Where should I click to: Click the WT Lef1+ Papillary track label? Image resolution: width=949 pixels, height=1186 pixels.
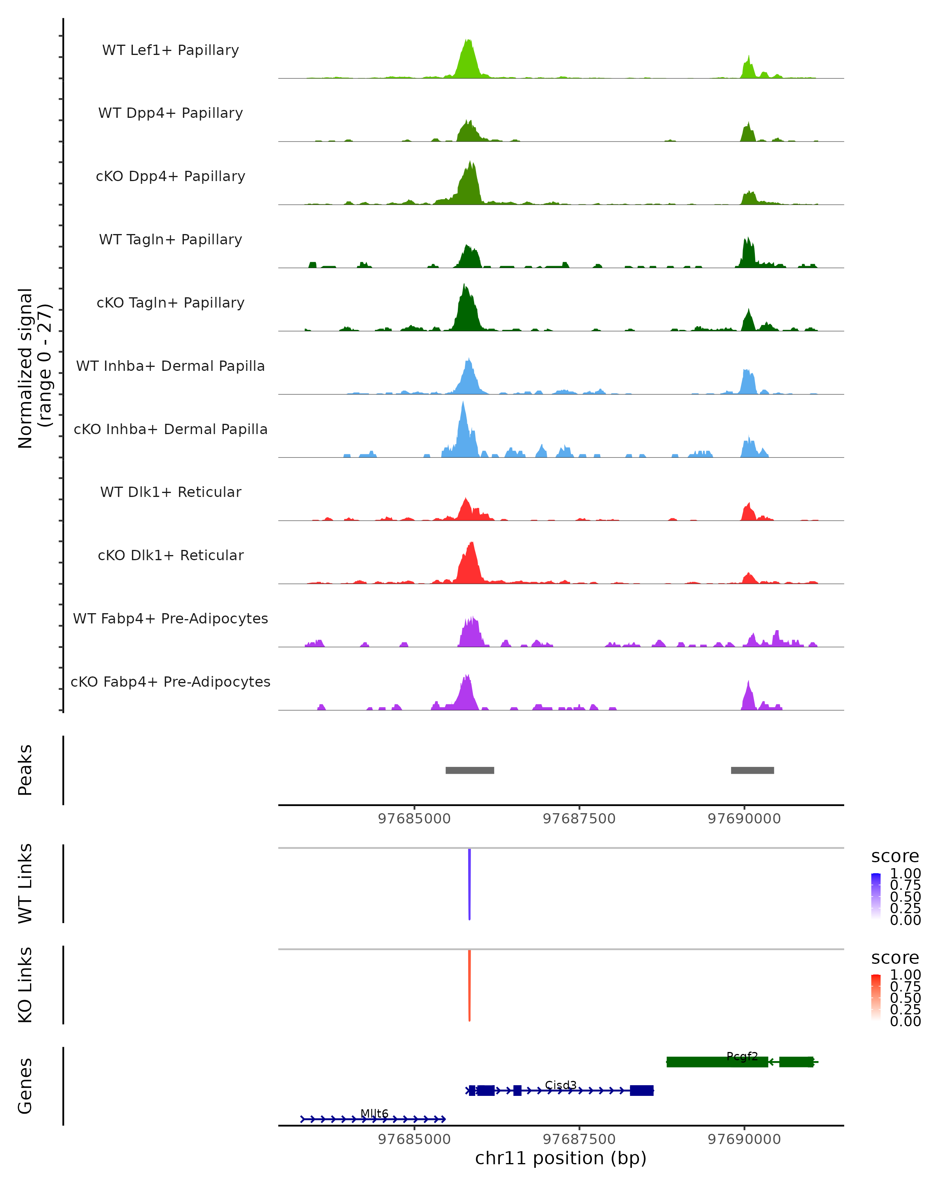[170, 51]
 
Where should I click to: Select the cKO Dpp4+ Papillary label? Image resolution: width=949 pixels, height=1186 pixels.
[170, 177]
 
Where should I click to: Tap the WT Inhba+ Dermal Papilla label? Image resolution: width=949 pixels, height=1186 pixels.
[170, 366]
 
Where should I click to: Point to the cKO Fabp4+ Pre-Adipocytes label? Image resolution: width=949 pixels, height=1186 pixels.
[170, 682]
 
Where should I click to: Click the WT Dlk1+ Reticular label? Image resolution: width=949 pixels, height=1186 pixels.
[170, 492]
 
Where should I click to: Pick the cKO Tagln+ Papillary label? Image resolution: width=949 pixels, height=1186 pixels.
[170, 303]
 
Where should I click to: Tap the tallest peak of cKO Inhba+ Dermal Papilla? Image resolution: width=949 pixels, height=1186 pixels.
[463, 404]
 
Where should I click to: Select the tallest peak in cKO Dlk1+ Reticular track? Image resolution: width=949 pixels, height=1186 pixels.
[471, 545]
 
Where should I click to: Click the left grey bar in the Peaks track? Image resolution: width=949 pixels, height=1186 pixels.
[470, 770]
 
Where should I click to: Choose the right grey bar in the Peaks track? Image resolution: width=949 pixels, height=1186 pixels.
[752, 770]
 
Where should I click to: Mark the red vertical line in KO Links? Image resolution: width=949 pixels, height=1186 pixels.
[469, 985]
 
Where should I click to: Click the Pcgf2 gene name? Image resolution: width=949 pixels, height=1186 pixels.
[742, 1056]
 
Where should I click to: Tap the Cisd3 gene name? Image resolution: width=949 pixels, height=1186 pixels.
[561, 1085]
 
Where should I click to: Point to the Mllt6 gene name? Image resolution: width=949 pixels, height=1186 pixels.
[374, 1113]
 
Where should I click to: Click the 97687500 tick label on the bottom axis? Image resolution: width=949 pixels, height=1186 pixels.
[579, 1139]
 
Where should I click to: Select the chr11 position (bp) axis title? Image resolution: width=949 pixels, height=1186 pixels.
[561, 1158]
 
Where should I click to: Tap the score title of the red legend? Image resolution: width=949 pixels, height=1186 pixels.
[895, 958]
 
